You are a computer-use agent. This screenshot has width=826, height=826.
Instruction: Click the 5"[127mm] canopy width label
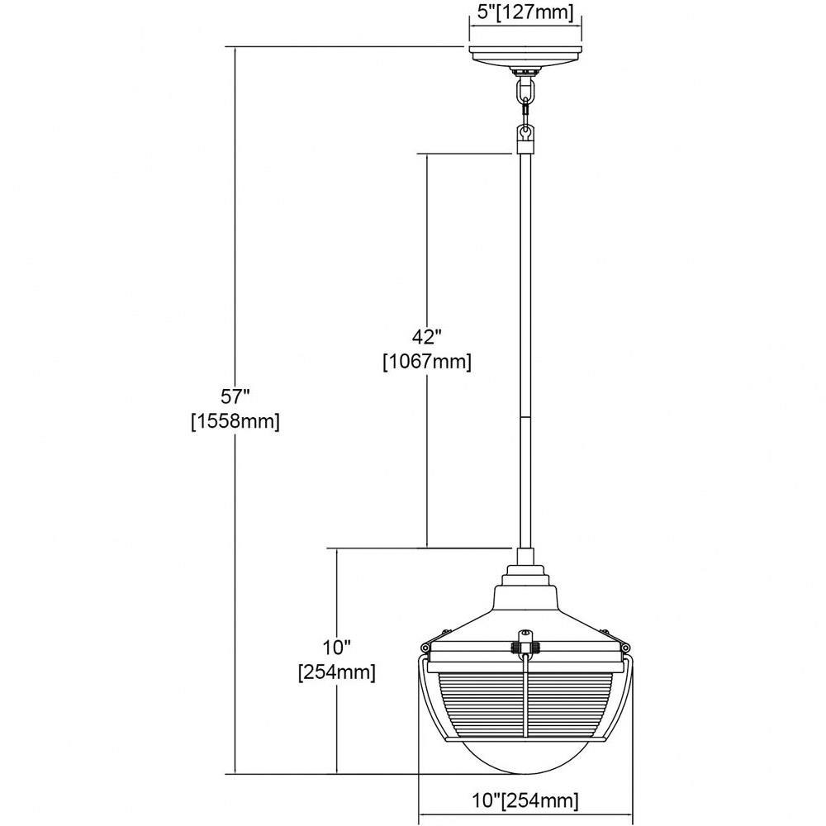(x=525, y=12)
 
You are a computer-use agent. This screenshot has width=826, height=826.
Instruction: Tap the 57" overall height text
(x=235, y=396)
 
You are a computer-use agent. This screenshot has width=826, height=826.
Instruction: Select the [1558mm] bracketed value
(x=235, y=421)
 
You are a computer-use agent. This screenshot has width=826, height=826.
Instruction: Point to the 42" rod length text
(x=427, y=336)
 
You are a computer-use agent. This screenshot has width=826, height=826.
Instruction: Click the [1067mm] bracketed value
(x=427, y=362)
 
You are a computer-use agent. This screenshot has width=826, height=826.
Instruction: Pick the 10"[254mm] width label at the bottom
(x=525, y=801)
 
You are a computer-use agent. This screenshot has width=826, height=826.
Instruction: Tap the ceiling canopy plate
(x=525, y=55)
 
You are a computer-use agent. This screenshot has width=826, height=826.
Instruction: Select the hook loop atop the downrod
(x=525, y=137)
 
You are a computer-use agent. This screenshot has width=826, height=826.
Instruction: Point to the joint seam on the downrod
(x=525, y=417)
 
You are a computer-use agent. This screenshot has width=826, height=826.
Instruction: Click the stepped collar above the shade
(x=525, y=576)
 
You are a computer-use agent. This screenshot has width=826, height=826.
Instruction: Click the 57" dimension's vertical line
(x=235, y=411)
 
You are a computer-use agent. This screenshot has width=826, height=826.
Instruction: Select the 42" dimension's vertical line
(x=427, y=351)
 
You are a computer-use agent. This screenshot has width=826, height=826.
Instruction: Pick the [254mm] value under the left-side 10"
(x=337, y=672)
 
